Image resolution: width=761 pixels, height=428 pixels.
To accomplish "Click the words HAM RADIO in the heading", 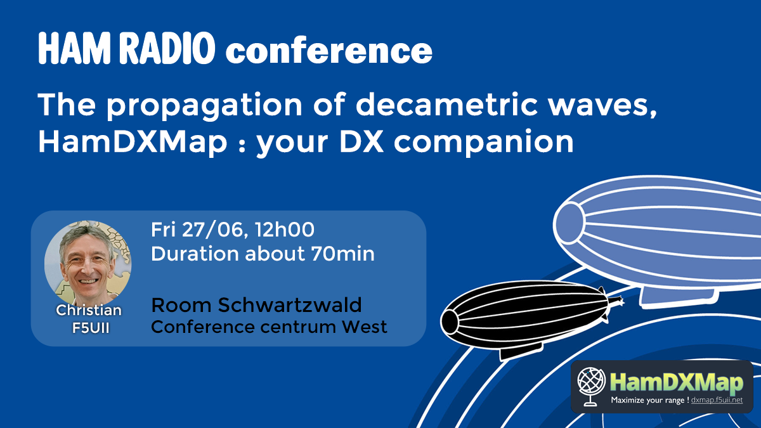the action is (127, 48).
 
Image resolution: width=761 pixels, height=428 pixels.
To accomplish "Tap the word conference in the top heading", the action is (329, 51).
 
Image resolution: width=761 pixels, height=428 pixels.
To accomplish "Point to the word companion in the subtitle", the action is (484, 143).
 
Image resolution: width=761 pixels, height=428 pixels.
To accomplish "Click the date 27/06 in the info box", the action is (212, 230).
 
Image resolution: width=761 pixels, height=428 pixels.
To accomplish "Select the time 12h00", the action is (285, 230).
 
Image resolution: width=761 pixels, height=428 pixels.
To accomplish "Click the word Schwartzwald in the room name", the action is (290, 305).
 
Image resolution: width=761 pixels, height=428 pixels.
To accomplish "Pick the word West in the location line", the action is (364, 327).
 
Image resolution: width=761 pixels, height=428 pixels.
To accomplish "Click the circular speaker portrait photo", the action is (88, 263).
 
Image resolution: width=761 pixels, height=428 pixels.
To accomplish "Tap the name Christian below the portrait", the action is (89, 310).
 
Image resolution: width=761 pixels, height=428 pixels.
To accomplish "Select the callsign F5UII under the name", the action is (91, 328).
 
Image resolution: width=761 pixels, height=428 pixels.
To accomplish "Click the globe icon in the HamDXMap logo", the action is (591, 387).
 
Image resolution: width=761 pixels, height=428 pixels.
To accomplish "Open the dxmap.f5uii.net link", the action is (717, 400).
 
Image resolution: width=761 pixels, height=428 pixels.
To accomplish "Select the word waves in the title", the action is (603, 106).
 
